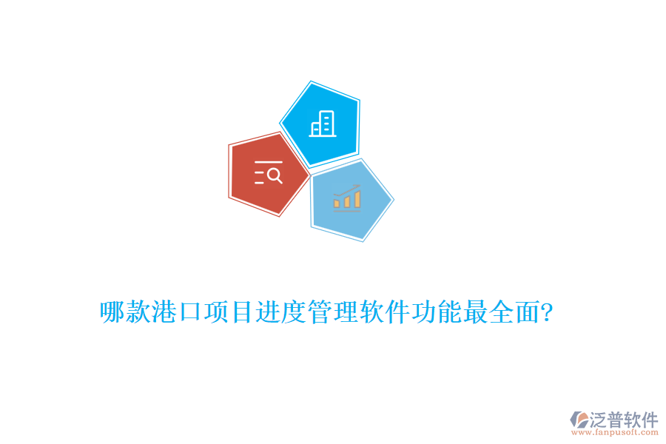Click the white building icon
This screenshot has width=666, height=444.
(323, 124)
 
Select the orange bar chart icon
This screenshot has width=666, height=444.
(346, 197)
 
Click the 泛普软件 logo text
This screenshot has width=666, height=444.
(623, 420)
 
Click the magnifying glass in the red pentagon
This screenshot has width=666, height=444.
(274, 175)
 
